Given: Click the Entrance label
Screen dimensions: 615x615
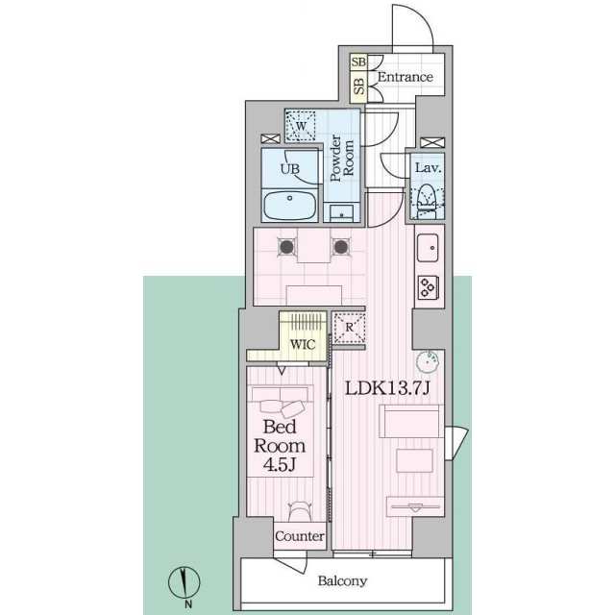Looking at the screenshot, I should pos(404,77).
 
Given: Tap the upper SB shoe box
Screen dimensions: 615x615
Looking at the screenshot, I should pos(357,63).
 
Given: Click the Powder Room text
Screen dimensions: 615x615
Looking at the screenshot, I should pos(342,160).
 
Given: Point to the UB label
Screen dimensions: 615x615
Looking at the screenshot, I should pos(289,169).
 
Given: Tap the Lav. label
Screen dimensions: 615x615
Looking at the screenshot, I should pos(428,168).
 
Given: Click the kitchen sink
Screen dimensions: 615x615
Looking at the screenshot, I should pos(429,249).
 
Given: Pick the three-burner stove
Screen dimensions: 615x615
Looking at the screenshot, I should pos(429,285).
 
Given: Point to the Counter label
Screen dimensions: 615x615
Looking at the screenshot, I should pos(300,536).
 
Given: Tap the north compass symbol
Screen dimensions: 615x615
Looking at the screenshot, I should pos(184,583).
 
